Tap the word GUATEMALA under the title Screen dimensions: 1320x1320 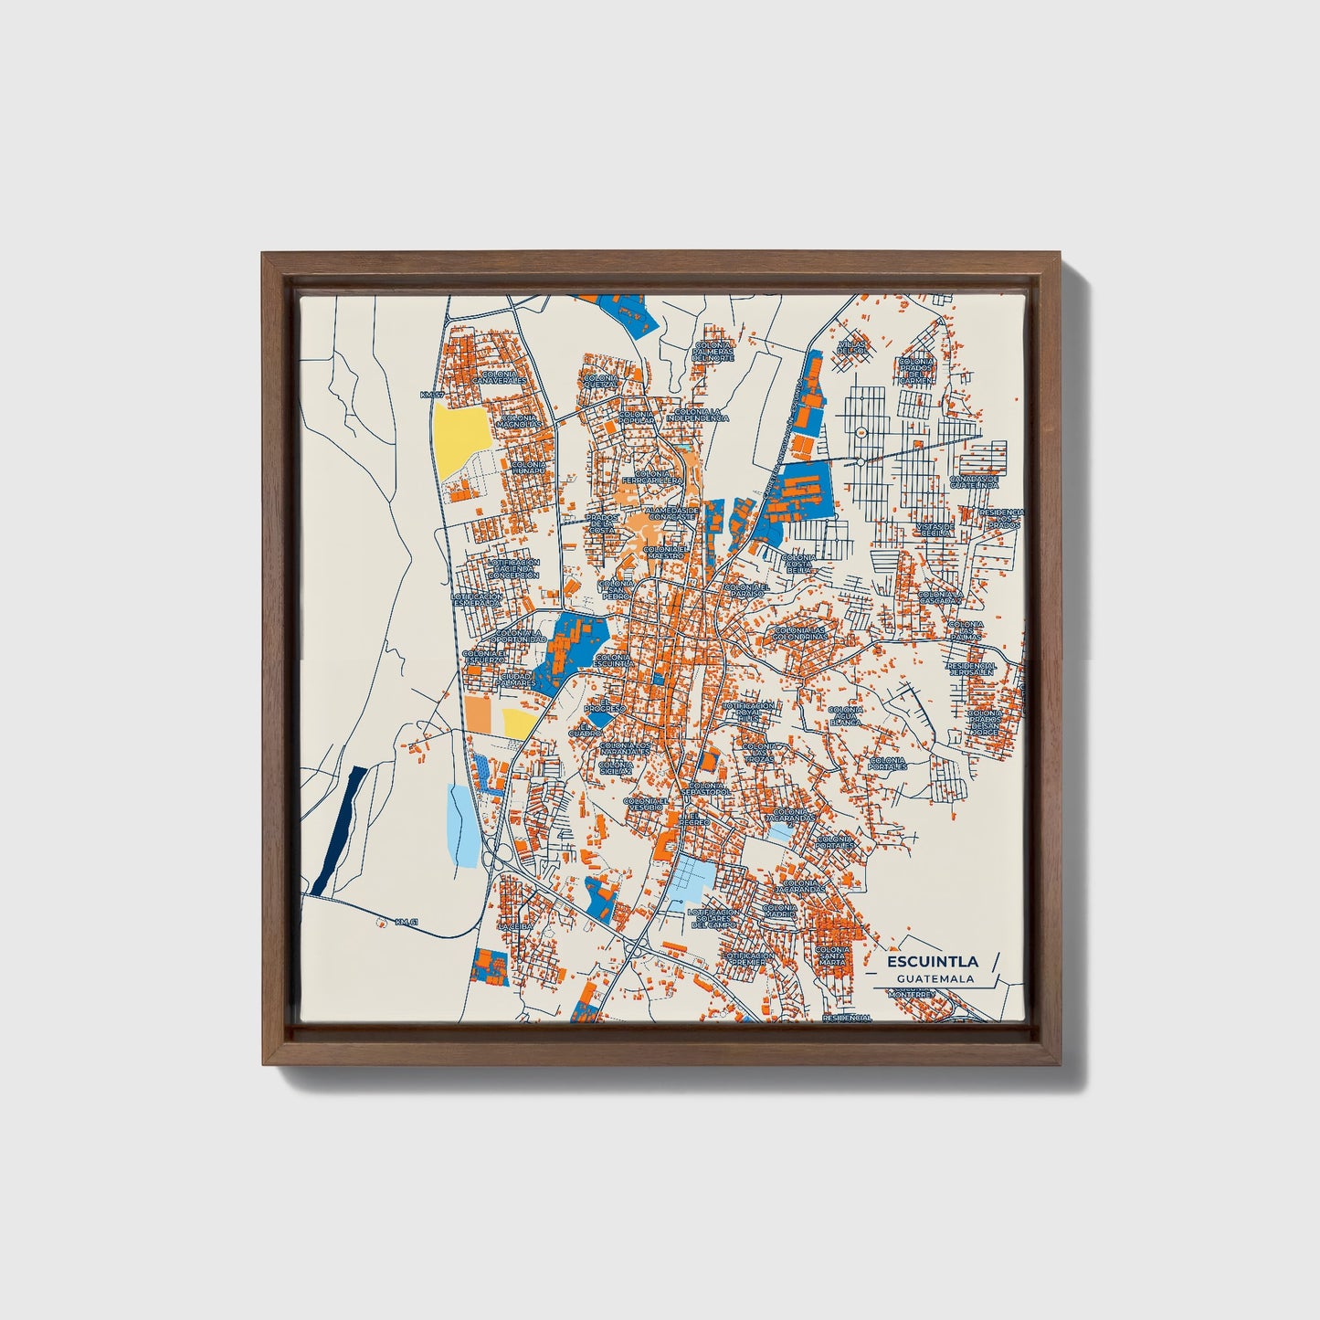(935, 978)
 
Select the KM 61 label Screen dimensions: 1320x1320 (406, 922)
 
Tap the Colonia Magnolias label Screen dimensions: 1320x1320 (518, 421)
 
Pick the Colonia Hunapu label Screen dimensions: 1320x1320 (529, 467)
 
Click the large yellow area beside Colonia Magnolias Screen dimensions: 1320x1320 (461, 438)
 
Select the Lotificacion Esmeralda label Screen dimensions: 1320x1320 (476, 599)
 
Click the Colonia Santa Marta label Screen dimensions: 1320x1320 (832, 956)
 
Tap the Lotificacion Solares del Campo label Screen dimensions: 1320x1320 (713, 918)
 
